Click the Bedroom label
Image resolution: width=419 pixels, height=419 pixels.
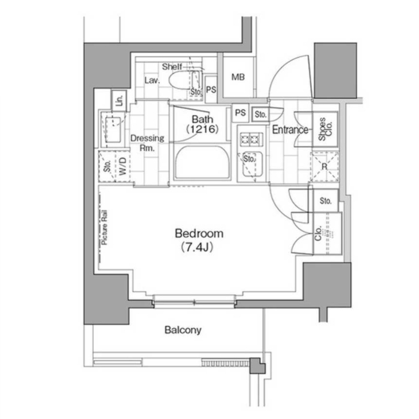(199, 233)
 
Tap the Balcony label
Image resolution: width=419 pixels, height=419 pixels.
(183, 330)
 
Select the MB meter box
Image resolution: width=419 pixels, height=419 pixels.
(238, 77)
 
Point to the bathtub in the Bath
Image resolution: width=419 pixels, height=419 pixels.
(202, 162)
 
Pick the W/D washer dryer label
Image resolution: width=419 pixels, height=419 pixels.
(123, 166)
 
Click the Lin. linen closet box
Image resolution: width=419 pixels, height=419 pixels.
(119, 100)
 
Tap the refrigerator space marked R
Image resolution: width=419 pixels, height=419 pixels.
(324, 167)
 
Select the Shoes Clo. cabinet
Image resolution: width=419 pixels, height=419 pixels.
(324, 129)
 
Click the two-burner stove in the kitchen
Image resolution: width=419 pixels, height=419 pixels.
(251, 139)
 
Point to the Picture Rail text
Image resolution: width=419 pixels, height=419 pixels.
(104, 227)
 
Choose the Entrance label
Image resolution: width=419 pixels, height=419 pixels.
(290, 130)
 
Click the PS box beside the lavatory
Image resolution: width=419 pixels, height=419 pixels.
(211, 90)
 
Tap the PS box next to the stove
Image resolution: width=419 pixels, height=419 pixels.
(240, 113)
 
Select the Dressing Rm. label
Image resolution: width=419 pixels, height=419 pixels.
(147, 143)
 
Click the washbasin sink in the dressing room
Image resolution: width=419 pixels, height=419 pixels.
(113, 129)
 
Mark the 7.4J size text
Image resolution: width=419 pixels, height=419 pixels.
(197, 247)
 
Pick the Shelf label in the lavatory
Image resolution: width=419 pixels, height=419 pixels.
(172, 66)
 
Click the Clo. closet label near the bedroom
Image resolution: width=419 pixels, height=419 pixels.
(318, 233)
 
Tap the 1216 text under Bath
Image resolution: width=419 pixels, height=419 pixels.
(202, 129)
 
